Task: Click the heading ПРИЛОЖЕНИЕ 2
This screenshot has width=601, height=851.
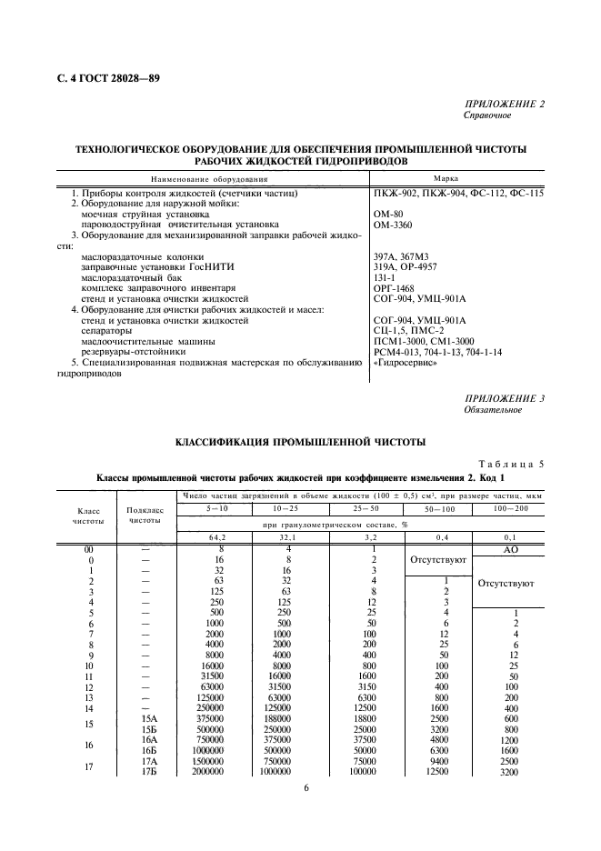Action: (504, 105)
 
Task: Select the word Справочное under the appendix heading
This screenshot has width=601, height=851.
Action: (487, 116)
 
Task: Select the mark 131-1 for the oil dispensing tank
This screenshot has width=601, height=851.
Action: (386, 277)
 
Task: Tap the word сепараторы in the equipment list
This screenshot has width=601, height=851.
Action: (108, 331)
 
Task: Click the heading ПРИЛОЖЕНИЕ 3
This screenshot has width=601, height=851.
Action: (504, 398)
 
